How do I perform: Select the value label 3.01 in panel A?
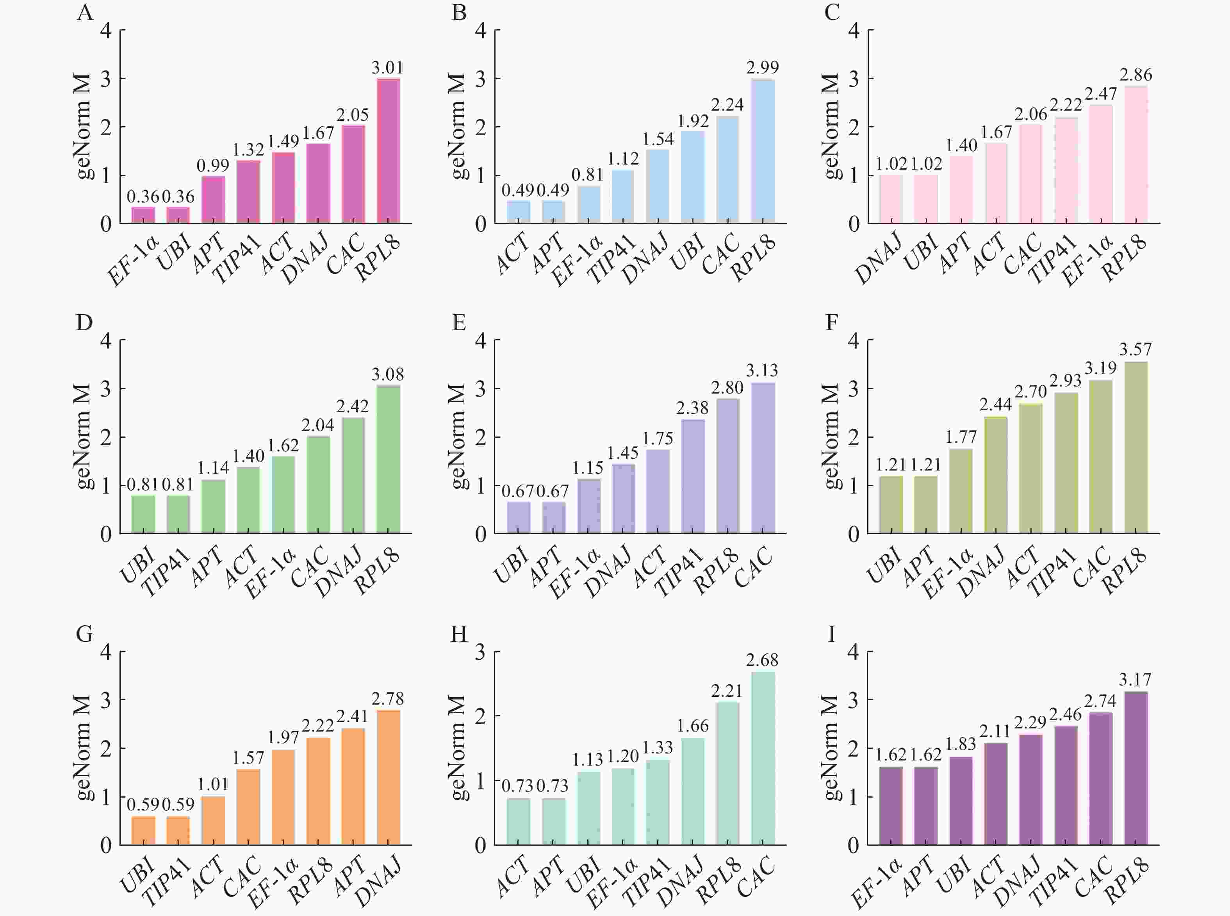387,68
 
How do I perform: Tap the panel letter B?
459,12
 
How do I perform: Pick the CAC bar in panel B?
727,170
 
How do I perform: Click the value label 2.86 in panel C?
1136,75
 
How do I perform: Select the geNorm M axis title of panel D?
83,437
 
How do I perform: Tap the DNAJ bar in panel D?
353,476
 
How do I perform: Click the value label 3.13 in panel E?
762,370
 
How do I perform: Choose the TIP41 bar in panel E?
693,477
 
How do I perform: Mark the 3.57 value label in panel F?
1135,349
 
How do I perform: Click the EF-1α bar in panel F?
961,491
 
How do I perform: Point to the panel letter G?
84,634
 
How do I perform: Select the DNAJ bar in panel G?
388,777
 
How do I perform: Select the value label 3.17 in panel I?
1135,680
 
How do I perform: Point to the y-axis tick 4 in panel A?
106,30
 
